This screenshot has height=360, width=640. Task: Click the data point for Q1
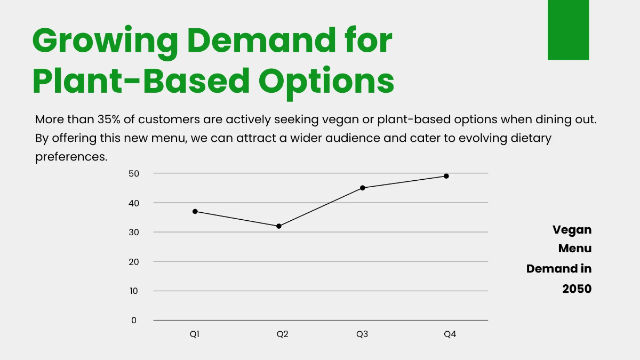click(x=195, y=212)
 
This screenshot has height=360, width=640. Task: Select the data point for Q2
click(x=279, y=226)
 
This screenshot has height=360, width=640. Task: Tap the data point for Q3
click(x=363, y=188)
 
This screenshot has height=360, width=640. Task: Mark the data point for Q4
click(x=446, y=176)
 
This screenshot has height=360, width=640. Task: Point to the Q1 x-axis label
click(x=195, y=334)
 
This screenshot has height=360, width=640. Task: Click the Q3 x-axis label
click(x=362, y=334)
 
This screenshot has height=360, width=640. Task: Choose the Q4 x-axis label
click(x=450, y=334)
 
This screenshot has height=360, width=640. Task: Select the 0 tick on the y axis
click(x=134, y=320)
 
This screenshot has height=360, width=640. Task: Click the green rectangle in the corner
click(x=568, y=29)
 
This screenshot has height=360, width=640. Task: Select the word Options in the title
click(x=326, y=82)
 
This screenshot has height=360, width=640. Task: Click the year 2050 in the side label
click(x=577, y=289)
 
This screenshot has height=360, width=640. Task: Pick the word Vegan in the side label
click(x=572, y=230)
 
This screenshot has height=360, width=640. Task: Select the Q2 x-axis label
click(x=282, y=334)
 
